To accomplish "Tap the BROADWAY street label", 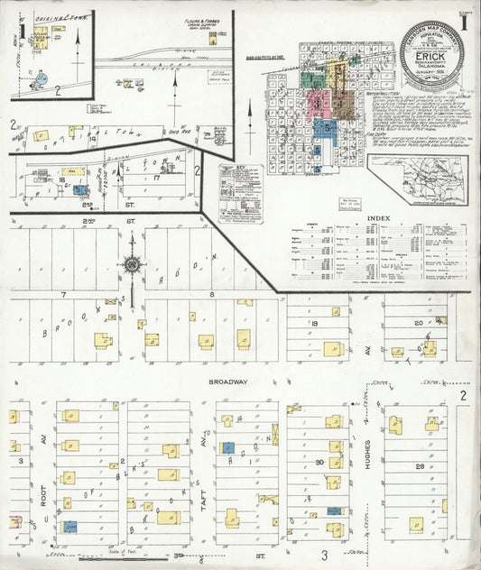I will coord(227,382).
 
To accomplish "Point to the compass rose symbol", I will coord(133,265).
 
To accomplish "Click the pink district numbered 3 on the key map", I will coord(318,103).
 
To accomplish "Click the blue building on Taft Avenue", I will coord(228,447).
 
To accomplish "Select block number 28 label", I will coord(419,466).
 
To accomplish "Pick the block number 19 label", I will coord(316,322).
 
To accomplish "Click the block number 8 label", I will coord(211,295).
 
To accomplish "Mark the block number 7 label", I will coord(64,295).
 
